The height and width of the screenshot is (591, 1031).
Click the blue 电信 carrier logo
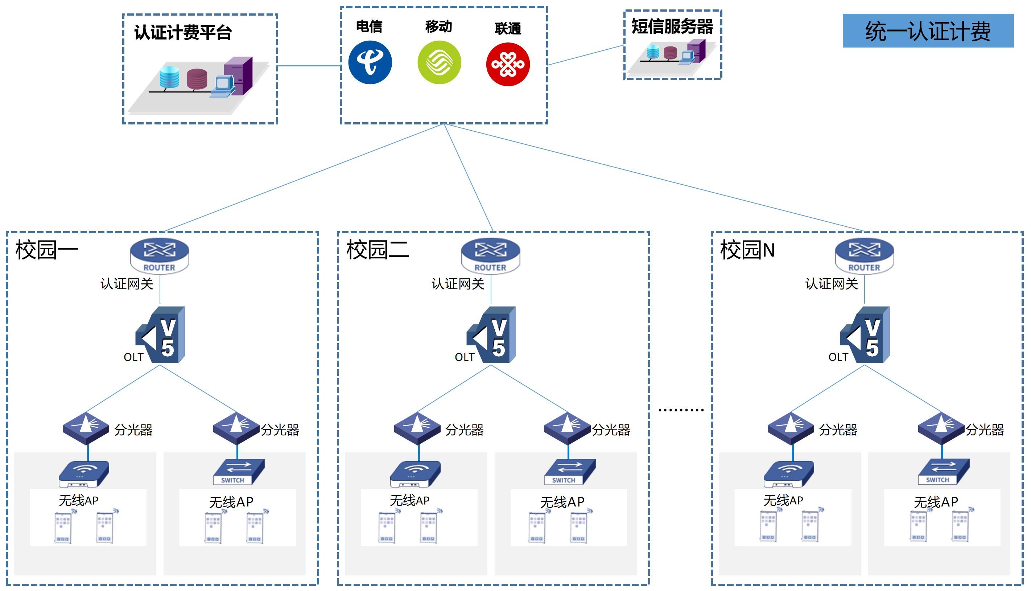pos(370,62)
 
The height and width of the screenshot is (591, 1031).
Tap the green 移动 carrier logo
pos(439,62)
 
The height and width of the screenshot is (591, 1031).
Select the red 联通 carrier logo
pos(508,65)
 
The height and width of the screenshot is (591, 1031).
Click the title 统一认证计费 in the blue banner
pos(928,31)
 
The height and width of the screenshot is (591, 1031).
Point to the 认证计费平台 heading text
pos(183,33)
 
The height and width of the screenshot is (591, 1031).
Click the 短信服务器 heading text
pos(672,27)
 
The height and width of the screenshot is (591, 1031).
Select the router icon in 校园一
pos(160,256)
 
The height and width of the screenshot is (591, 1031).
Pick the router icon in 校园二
pos(491,256)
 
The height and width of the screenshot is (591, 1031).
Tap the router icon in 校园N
pos(864,256)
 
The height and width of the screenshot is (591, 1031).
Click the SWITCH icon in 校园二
pos(569,472)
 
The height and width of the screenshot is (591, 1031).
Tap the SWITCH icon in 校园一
pos(239,472)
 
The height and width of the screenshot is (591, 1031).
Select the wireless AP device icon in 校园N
pos(788,474)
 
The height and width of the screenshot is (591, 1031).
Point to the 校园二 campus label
pos(378,250)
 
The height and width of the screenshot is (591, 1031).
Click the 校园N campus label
pos(747,250)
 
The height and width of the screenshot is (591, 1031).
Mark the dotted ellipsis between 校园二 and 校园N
pos(680,410)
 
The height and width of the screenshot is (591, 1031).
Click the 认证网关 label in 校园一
pos(127,284)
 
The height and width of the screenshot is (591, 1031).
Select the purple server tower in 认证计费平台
pos(239,75)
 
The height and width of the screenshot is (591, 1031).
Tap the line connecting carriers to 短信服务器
pos(586,55)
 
